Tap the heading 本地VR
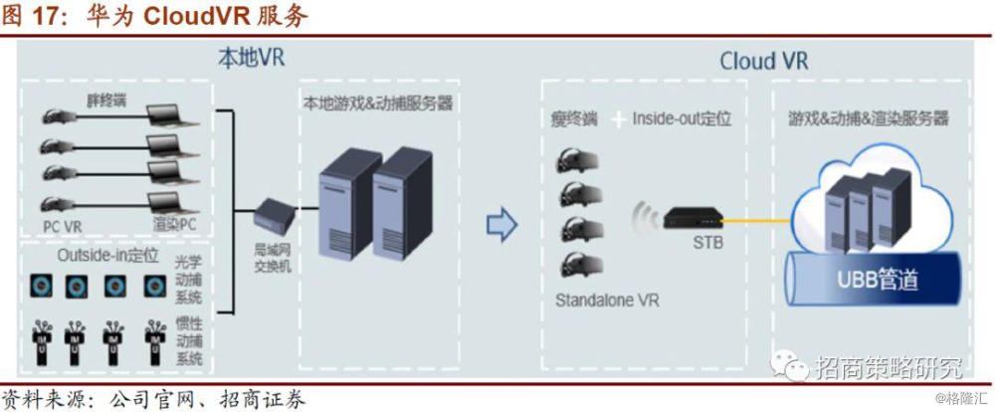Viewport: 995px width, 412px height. click(251, 58)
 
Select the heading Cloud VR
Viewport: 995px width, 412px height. click(763, 61)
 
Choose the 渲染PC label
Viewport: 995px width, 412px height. click(175, 226)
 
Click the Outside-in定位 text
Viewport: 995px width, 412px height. click(107, 255)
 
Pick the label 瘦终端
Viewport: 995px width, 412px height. click(574, 119)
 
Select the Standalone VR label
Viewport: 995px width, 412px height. click(607, 299)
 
